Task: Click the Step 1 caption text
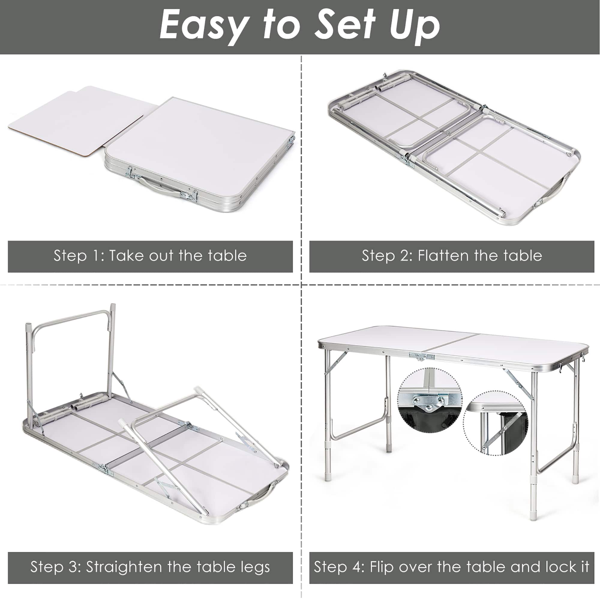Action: coord(150,256)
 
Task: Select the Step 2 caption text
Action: coord(452,256)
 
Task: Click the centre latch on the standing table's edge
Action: coord(421,356)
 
